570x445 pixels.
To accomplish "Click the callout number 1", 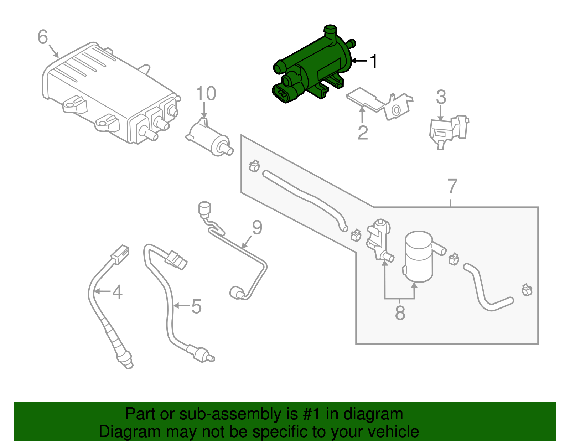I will pyautogui.click(x=373, y=62).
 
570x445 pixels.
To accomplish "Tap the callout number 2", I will pyautogui.click(x=362, y=133).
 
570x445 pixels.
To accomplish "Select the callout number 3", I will pyautogui.click(x=441, y=97).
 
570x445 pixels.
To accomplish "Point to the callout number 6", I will pyautogui.click(x=43, y=37).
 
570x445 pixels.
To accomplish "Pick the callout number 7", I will pyautogui.click(x=452, y=186).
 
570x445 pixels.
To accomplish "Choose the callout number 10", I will pyautogui.click(x=206, y=94).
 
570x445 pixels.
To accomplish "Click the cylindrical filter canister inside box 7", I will pyautogui.click(x=419, y=257).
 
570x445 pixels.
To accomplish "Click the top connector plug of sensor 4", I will pyautogui.click(x=120, y=253).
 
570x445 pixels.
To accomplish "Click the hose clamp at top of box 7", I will pyautogui.click(x=254, y=165).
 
